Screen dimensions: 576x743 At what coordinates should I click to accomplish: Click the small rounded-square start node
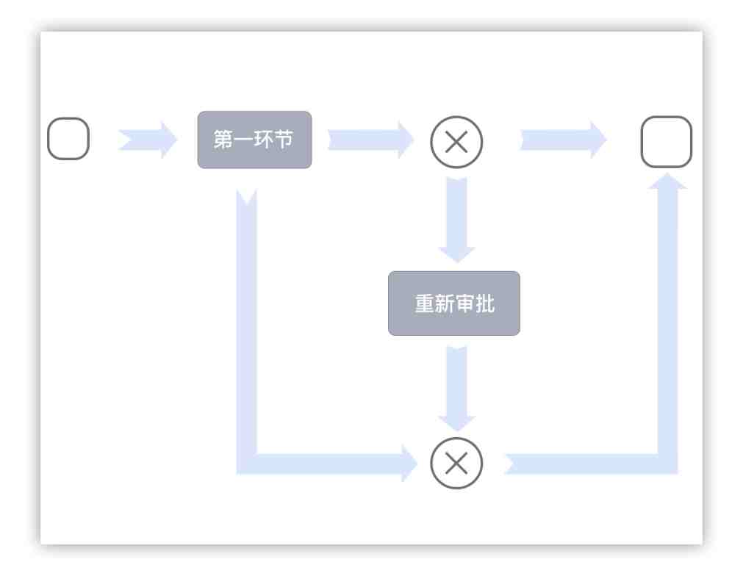(68, 139)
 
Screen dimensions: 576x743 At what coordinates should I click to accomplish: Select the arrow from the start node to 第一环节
(148, 139)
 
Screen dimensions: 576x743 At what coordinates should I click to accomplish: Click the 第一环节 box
(254, 140)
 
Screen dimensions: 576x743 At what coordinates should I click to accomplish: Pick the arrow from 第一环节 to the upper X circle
(370, 139)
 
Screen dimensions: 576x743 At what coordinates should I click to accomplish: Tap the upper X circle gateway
(456, 142)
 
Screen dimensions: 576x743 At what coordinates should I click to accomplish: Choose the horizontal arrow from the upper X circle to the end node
(563, 139)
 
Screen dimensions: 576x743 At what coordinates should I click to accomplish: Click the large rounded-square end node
(667, 142)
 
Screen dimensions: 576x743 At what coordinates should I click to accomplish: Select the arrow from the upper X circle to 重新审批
(457, 219)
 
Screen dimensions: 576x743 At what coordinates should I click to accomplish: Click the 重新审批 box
(454, 303)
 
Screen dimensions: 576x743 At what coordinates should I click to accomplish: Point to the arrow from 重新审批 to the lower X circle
(457, 386)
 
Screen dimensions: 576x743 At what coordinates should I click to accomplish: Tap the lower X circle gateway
(456, 463)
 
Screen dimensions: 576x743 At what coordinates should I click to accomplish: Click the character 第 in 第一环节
(222, 140)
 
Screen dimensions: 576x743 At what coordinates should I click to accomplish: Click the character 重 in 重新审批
(425, 304)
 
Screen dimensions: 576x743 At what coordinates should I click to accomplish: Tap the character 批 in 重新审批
(485, 304)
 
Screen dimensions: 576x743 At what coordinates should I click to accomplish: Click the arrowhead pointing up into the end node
(667, 180)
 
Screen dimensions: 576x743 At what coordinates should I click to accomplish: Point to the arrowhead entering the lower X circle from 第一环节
(410, 463)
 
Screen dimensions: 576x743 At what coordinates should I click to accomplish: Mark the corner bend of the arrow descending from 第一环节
(247, 463)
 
